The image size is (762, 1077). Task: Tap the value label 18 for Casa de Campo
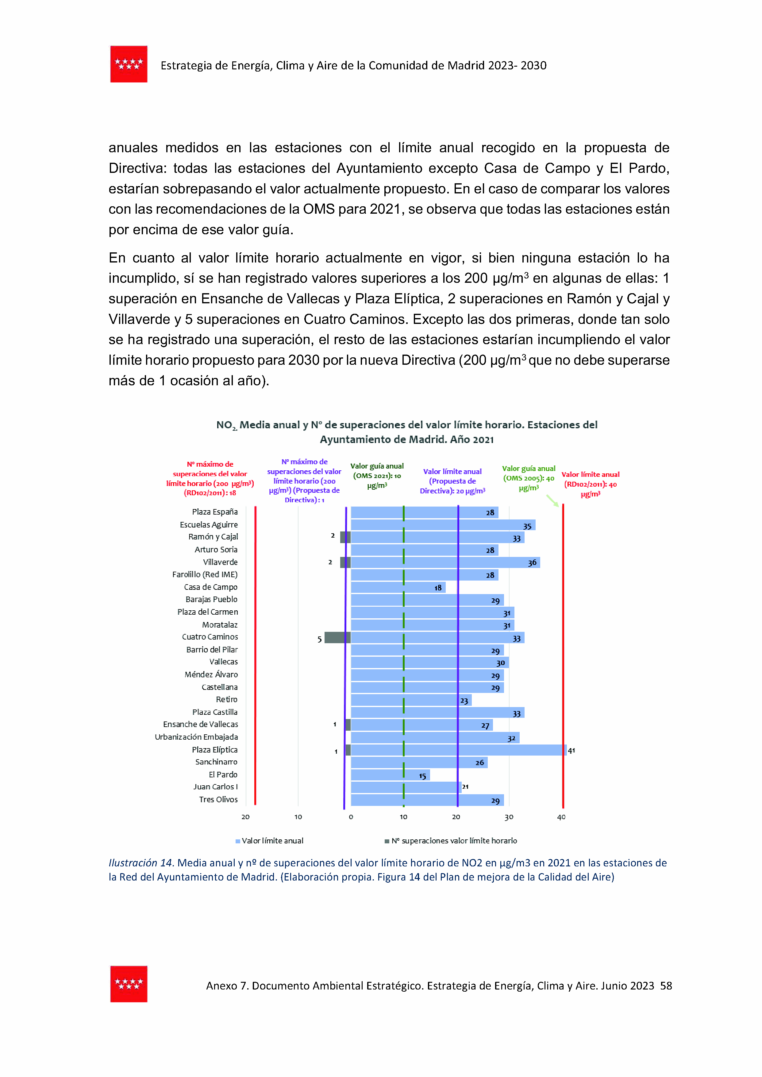click(x=438, y=588)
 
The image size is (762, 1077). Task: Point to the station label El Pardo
click(x=223, y=775)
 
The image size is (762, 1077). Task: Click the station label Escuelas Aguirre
click(x=209, y=524)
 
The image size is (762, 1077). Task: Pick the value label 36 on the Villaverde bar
click(x=532, y=562)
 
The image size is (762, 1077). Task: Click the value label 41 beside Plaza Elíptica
click(x=571, y=750)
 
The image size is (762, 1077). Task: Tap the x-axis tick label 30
click(x=509, y=817)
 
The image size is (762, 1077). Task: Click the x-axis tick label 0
click(x=351, y=817)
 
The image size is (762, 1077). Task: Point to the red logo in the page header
click(x=129, y=64)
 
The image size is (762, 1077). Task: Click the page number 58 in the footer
click(x=666, y=986)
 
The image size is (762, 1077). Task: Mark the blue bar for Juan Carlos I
click(x=406, y=787)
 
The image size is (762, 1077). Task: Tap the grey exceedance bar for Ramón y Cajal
click(x=345, y=537)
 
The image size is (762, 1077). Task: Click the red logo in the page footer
click(x=129, y=984)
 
